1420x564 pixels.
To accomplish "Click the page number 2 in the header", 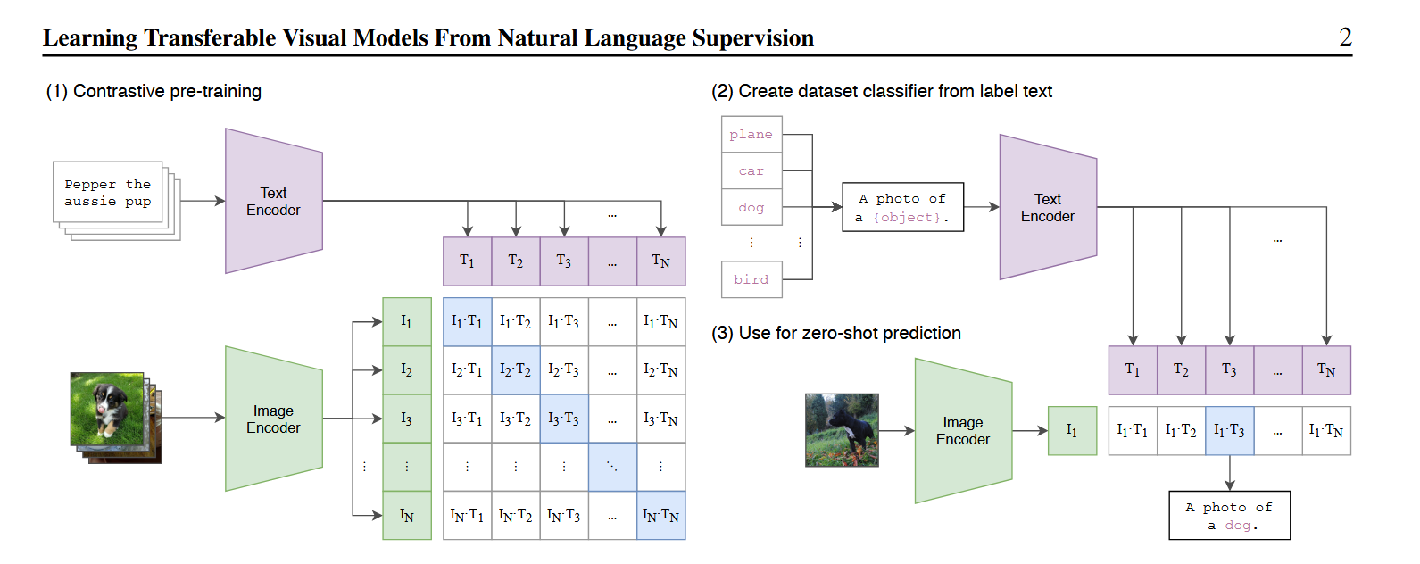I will point(1345,37).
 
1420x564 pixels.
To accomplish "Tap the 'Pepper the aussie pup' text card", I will point(108,193).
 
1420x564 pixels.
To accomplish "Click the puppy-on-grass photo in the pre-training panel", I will point(108,409).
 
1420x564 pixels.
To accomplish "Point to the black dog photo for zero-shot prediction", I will point(842,430).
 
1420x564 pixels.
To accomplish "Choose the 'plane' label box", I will point(752,134).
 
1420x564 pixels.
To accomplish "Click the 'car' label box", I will point(752,170).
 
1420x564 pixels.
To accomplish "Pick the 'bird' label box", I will point(752,279).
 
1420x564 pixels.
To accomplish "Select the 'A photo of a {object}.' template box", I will point(902,207).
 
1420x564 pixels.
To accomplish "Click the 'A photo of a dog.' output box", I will point(1229,516).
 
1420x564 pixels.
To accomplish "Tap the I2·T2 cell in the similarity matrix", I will point(516,370).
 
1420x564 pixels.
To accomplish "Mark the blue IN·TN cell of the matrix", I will point(660,516).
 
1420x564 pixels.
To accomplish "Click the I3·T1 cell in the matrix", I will point(467,419).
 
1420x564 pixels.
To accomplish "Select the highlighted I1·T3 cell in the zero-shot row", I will point(1229,430).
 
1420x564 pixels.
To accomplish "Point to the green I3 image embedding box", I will point(407,419).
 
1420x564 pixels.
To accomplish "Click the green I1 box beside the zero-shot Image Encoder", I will point(1072,430).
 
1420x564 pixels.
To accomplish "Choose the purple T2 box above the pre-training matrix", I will point(516,261).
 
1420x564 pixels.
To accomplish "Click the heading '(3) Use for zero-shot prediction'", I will point(836,333).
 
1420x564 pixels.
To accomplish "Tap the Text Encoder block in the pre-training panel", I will point(273,201).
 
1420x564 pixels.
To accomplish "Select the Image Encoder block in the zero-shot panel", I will point(963,430).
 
